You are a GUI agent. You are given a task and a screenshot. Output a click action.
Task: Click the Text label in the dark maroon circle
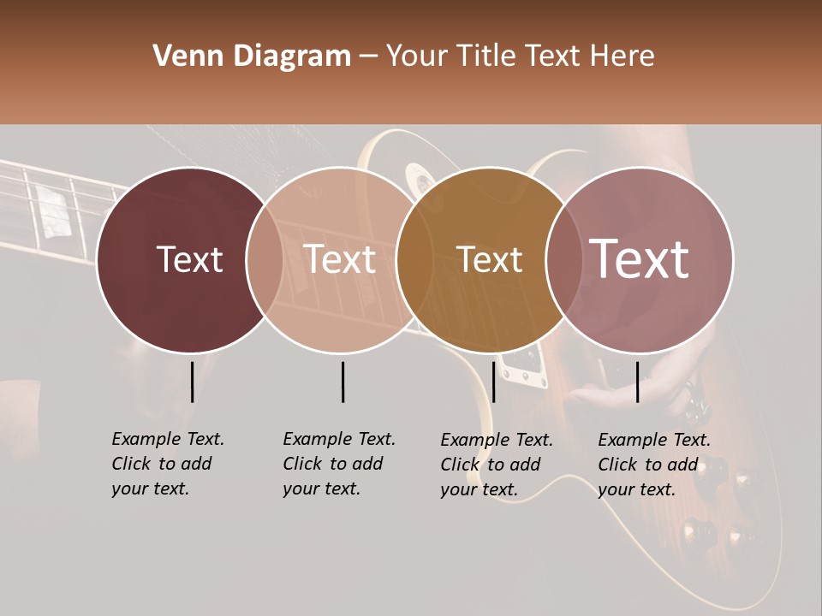pyautogui.click(x=189, y=259)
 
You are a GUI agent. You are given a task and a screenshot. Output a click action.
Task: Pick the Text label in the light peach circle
pyautogui.click(x=340, y=259)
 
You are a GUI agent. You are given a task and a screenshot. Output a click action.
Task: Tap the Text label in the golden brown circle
pyautogui.click(x=490, y=259)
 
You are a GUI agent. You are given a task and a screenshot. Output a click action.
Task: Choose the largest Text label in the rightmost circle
pyautogui.click(x=640, y=259)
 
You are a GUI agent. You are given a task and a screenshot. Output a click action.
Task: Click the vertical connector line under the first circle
pyautogui.click(x=192, y=382)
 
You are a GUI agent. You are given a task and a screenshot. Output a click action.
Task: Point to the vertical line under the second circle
pyautogui.click(x=342, y=382)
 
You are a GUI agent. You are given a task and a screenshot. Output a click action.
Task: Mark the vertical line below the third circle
pyautogui.click(x=493, y=382)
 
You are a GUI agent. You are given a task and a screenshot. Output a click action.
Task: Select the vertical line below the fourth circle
pyautogui.click(x=637, y=382)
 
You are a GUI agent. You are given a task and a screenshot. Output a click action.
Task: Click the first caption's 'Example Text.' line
pyautogui.click(x=168, y=439)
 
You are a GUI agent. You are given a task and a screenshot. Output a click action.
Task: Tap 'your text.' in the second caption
pyautogui.click(x=322, y=489)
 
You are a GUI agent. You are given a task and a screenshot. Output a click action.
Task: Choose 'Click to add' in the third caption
pyautogui.click(x=491, y=465)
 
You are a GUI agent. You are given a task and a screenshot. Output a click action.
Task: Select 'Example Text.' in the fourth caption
pyautogui.click(x=654, y=440)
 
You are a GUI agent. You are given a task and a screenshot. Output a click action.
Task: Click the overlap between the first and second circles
pyautogui.click(x=265, y=259)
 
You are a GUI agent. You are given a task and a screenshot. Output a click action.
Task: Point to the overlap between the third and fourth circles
pyautogui.click(x=560, y=259)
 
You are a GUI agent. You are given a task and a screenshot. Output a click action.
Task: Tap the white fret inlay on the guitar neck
pyautogui.click(x=53, y=211)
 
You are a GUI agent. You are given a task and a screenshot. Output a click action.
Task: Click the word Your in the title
pyautogui.click(x=417, y=56)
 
